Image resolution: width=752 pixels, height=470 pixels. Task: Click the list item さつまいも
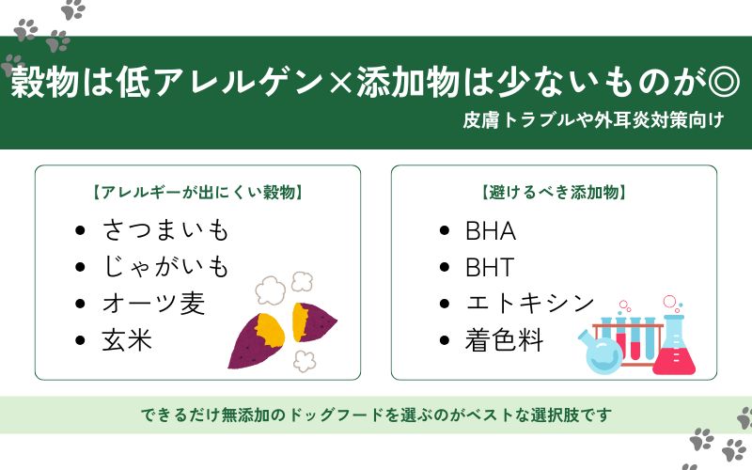[x=164, y=229]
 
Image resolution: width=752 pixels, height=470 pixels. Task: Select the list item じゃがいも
[x=164, y=267]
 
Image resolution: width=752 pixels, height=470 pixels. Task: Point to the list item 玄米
[x=127, y=340]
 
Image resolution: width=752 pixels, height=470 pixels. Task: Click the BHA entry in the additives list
[x=490, y=230]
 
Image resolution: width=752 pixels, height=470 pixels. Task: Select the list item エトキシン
[x=529, y=304]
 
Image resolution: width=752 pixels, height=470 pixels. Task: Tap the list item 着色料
[x=504, y=340]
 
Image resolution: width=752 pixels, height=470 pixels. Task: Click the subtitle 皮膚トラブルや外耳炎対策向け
[x=592, y=121]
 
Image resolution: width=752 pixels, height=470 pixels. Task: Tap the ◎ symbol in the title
[x=725, y=84]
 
